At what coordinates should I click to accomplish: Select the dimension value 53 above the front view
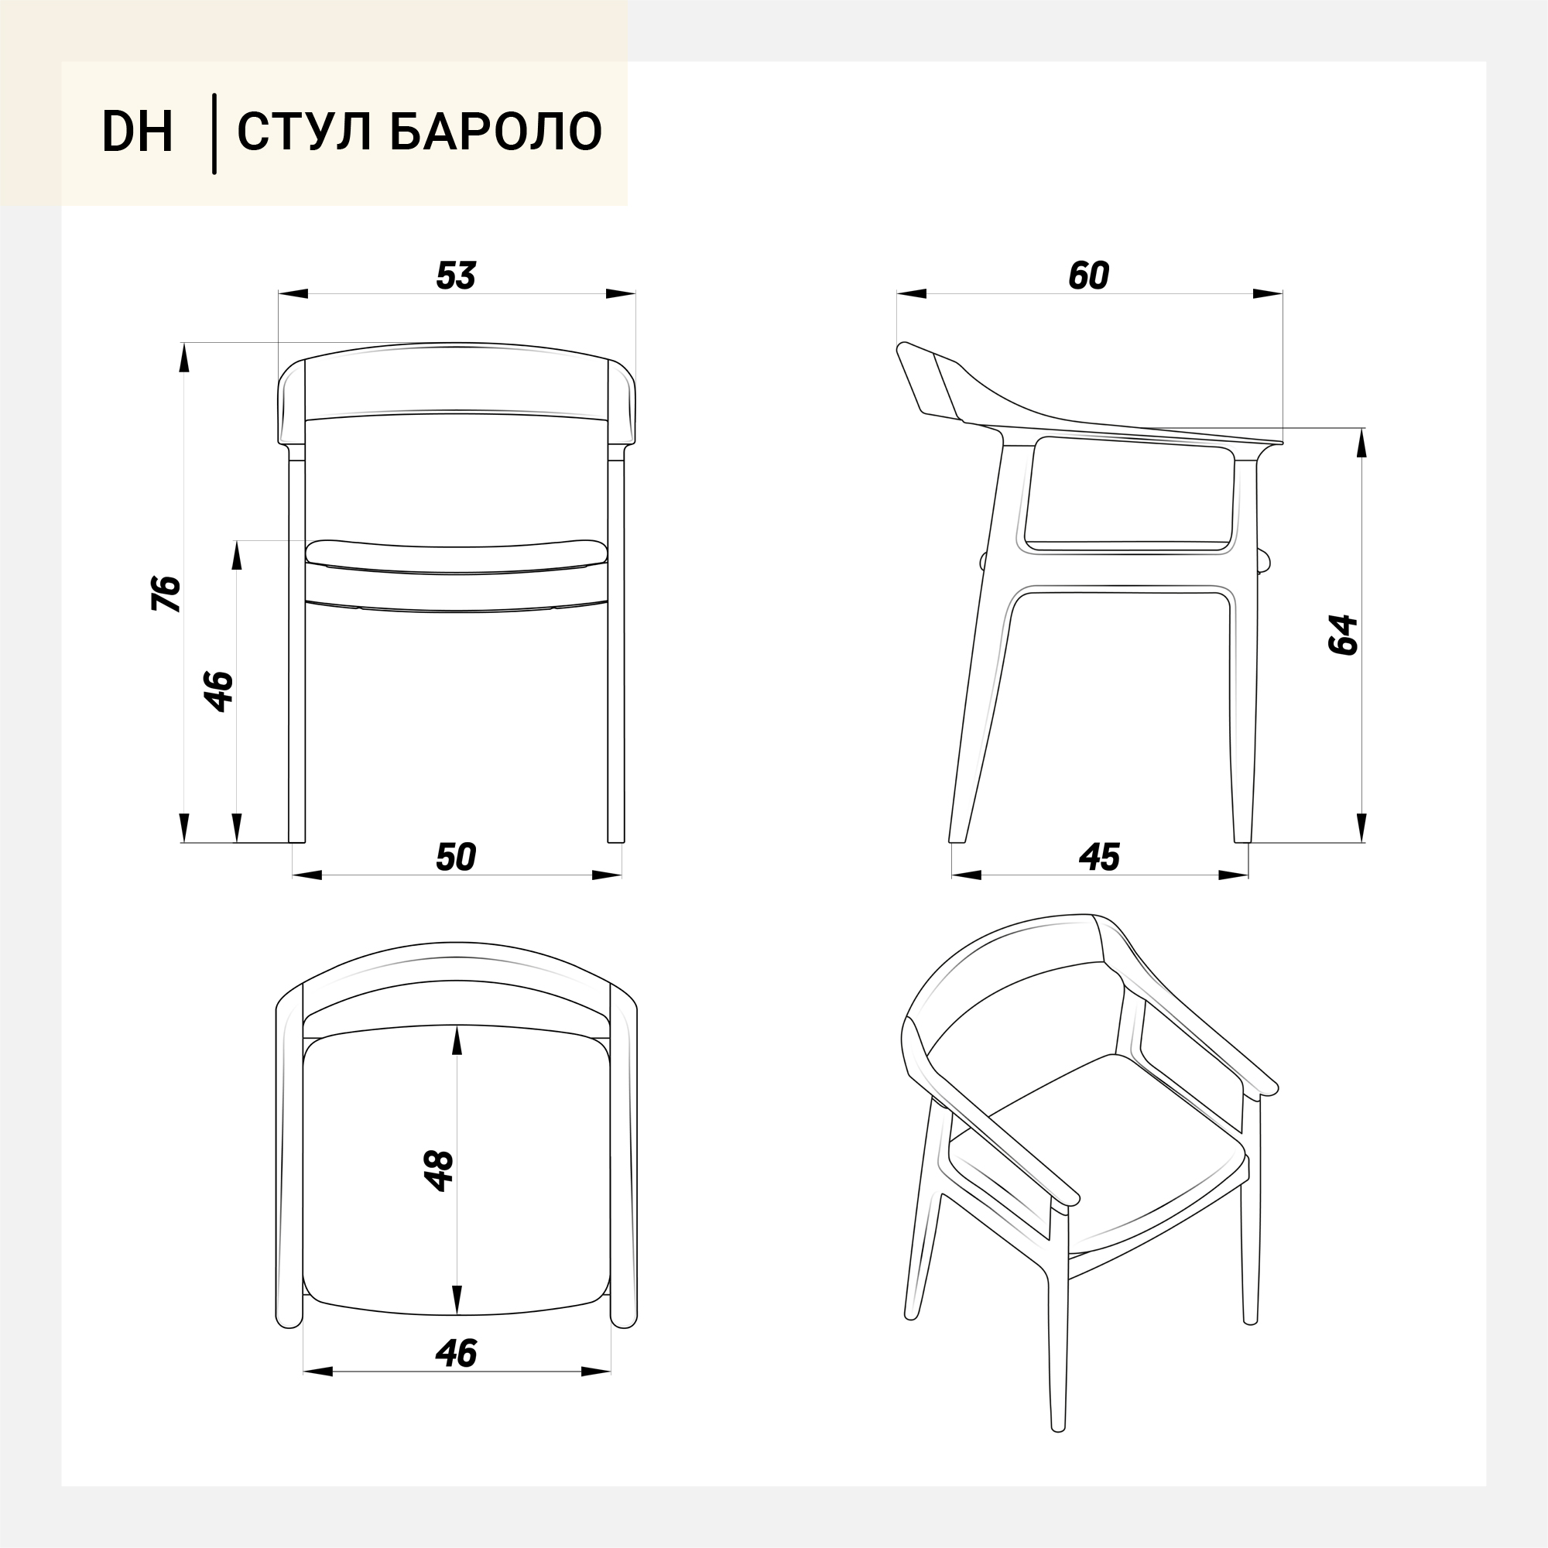click(x=456, y=276)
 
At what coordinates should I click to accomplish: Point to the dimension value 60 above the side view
click(x=1089, y=276)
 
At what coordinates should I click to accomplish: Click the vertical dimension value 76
click(x=166, y=594)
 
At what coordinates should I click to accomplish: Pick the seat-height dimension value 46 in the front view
click(x=219, y=691)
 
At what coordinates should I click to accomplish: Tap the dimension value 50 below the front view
click(x=456, y=858)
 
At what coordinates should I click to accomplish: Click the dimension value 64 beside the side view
click(x=1344, y=635)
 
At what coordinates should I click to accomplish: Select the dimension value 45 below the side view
click(x=1099, y=858)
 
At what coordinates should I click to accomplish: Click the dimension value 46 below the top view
click(x=456, y=1354)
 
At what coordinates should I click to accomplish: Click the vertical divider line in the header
click(x=214, y=134)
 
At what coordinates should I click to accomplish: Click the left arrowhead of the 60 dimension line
click(x=912, y=294)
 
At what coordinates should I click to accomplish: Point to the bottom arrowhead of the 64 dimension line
click(x=1361, y=827)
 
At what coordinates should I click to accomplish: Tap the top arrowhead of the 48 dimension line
click(x=457, y=1042)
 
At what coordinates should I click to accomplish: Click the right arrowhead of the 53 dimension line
click(x=621, y=294)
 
